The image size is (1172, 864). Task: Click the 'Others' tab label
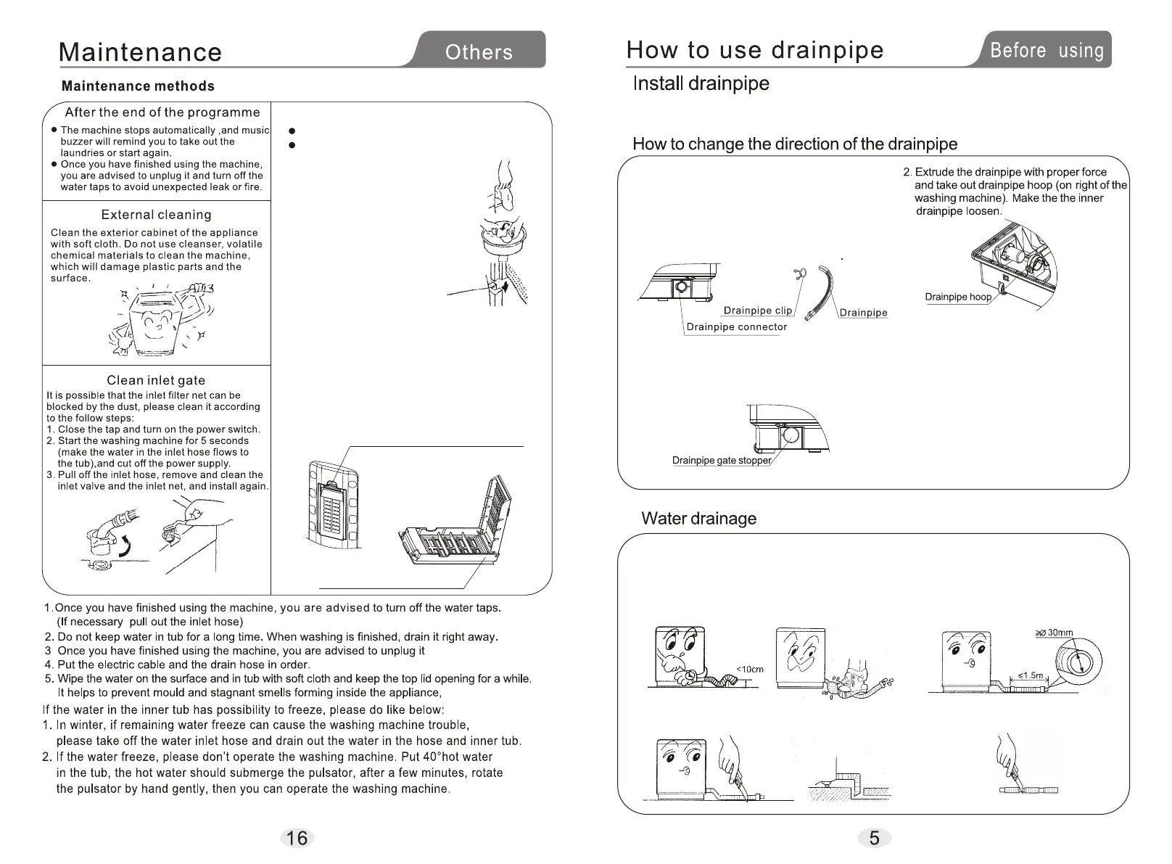tap(479, 52)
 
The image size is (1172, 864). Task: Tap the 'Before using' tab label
tap(1047, 50)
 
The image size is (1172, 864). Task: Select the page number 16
tap(297, 838)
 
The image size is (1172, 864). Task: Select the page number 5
tap(874, 838)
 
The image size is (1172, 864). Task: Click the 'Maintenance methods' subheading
tap(138, 86)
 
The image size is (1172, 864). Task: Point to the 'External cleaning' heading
tap(156, 215)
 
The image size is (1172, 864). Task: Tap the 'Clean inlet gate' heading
tap(156, 380)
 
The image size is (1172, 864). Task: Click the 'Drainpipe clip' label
tap(758, 310)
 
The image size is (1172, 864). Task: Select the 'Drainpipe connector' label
tap(736, 326)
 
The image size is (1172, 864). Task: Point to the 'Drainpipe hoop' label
tap(957, 297)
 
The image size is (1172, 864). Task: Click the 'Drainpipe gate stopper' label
tap(722, 461)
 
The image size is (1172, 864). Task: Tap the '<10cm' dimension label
tap(750, 669)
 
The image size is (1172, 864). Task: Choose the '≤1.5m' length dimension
tap(1031, 675)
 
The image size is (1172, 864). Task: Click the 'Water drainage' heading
tap(698, 519)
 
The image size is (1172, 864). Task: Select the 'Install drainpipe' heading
tap(701, 83)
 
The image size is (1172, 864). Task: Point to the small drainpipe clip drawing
tap(799, 273)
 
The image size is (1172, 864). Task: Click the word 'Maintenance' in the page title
tap(140, 52)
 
